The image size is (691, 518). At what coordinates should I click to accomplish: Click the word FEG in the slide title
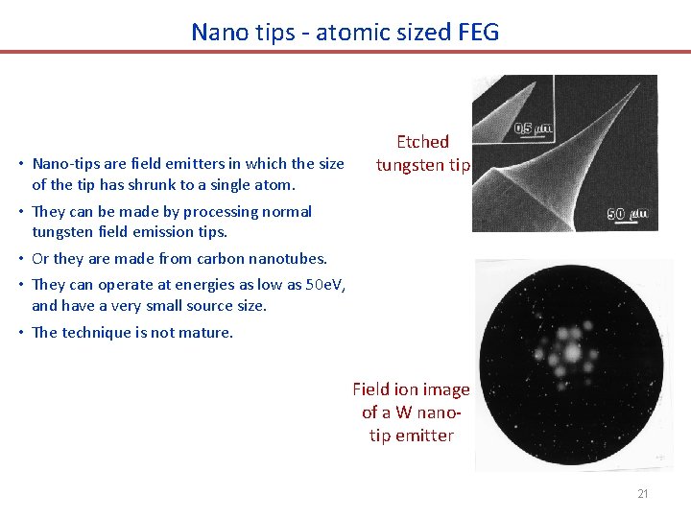pyautogui.click(x=478, y=32)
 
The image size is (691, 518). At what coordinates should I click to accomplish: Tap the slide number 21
pyautogui.click(x=643, y=494)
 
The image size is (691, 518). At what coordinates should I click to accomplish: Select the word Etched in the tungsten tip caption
pyautogui.click(x=422, y=142)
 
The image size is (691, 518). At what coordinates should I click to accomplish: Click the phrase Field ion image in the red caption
pyautogui.click(x=411, y=388)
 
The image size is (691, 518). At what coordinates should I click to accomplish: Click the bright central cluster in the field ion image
pyautogui.click(x=572, y=352)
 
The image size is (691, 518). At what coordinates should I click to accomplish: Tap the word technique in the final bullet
pyautogui.click(x=98, y=332)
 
